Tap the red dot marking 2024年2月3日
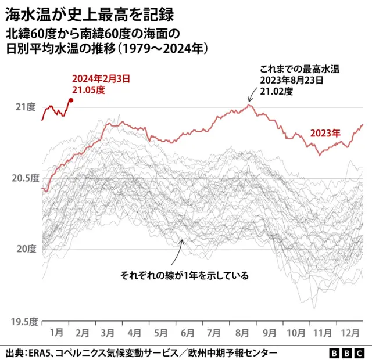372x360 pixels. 71,100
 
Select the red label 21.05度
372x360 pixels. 88,90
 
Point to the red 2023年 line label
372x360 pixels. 325,133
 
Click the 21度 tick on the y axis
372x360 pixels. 26,107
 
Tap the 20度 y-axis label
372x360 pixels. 26,249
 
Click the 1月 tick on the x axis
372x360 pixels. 56,333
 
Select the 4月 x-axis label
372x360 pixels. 134,333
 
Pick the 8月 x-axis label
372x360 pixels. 239,333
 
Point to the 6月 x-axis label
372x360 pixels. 187,333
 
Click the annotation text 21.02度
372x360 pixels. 276,91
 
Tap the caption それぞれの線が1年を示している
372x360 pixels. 184,275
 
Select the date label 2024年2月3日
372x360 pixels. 101,78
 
